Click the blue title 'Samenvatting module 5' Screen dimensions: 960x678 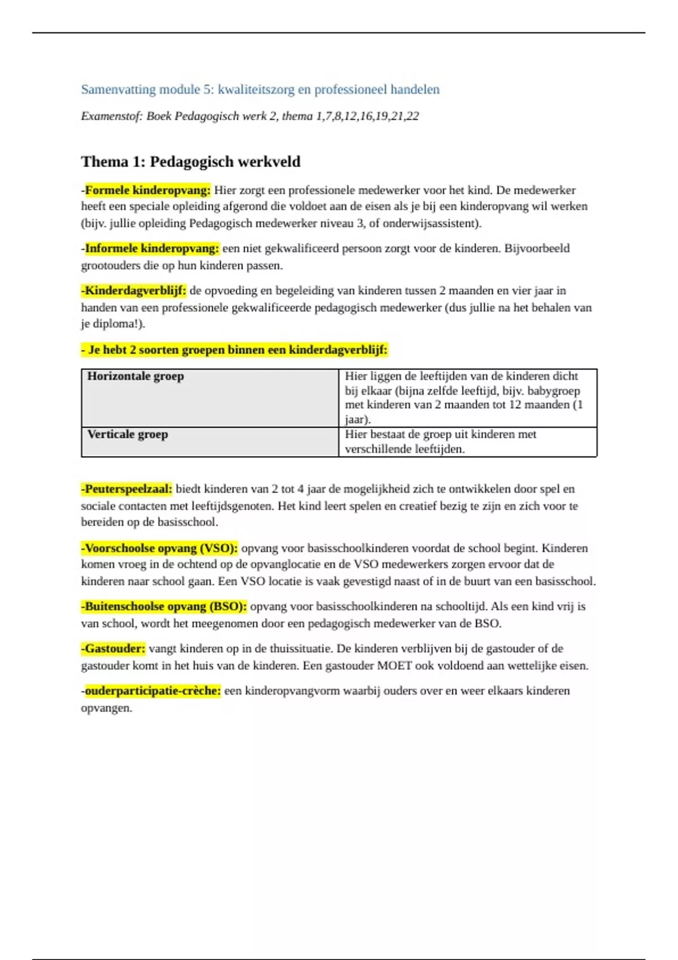click(x=260, y=89)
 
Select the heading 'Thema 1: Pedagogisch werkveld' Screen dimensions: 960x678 click(x=190, y=162)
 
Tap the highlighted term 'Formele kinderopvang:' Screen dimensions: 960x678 click(x=147, y=190)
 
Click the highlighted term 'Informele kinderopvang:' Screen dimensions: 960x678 click(x=151, y=248)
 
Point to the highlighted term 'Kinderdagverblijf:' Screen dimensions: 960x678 click(x=134, y=291)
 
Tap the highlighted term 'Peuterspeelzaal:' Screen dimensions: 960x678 click(x=128, y=489)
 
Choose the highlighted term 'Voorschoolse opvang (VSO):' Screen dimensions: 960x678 click(x=160, y=548)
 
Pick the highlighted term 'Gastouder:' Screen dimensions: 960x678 click(x=114, y=648)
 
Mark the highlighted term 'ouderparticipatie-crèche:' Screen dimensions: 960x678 click(x=152, y=691)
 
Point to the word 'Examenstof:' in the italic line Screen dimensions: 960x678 click(x=112, y=116)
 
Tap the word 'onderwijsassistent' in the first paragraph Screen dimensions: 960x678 click(x=430, y=223)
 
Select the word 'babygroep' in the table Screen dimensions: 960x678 click(x=553, y=391)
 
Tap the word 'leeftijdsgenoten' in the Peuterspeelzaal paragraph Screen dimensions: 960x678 click(x=231, y=506)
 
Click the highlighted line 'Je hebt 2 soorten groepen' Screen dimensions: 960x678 click(x=235, y=350)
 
